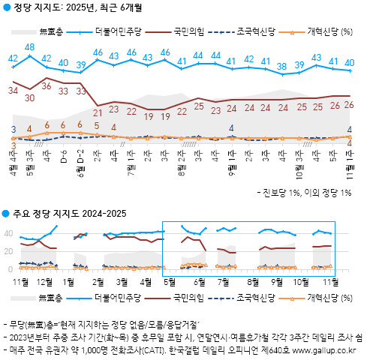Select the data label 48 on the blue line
click(30, 47)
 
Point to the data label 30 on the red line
click(30, 97)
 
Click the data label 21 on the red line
click(97, 112)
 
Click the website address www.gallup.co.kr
click(326, 349)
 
